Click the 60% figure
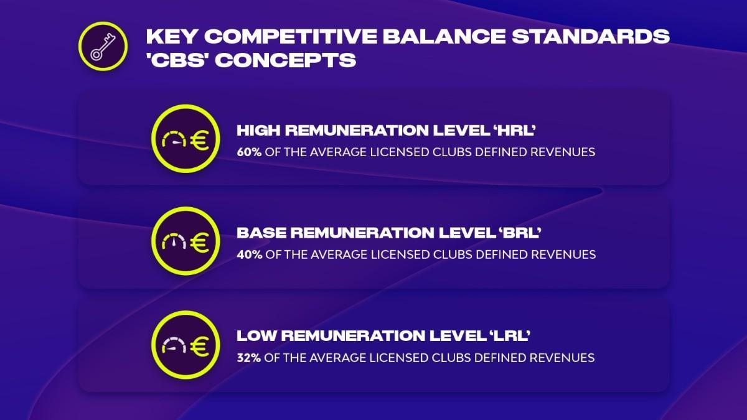click(x=248, y=152)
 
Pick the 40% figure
click(x=248, y=254)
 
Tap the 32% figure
click(x=248, y=358)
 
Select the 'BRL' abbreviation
click(x=525, y=233)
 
